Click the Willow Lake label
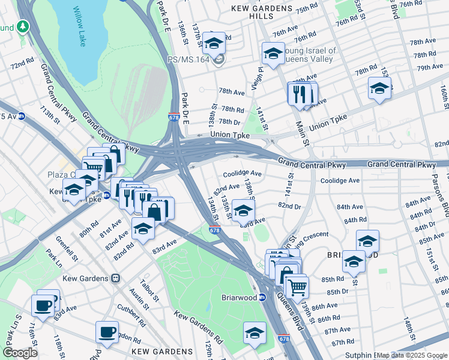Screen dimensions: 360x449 click(80, 26)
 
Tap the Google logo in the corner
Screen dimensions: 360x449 click(20, 353)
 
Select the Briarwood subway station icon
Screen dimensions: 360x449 click(262, 297)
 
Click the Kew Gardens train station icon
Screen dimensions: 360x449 click(115, 278)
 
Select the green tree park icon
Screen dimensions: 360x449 click(23, 27)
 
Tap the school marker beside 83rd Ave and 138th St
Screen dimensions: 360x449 click(243, 211)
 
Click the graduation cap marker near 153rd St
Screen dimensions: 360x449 click(379, 89)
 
